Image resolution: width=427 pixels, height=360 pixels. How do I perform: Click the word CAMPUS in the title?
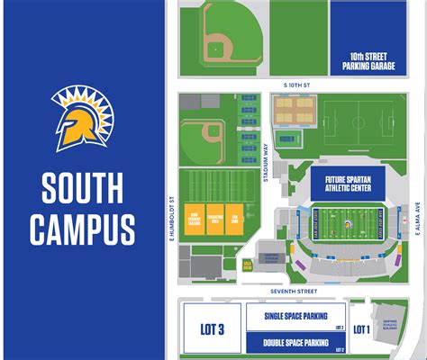(82, 229)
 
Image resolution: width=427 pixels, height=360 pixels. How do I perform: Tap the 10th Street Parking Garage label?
(368, 61)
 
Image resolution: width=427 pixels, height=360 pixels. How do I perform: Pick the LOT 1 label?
(361, 330)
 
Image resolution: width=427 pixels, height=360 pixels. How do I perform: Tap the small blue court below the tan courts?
(290, 139)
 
